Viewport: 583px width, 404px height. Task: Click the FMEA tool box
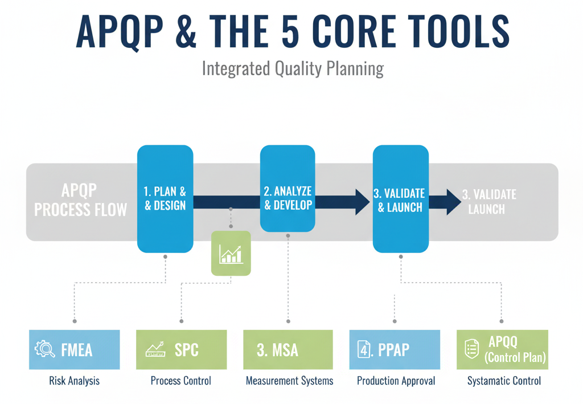(x=75, y=349)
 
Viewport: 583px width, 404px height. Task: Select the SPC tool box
(x=181, y=349)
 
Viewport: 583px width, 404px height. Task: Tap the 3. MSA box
(x=288, y=349)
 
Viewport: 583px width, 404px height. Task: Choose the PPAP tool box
(x=395, y=349)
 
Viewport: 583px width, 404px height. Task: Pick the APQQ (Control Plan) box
(x=502, y=349)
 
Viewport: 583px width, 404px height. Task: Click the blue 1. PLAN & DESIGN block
(x=165, y=198)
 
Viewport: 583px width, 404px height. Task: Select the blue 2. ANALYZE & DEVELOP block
(x=288, y=189)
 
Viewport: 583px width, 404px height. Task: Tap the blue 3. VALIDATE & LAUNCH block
(x=401, y=198)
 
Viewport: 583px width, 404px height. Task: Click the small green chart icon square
(x=231, y=253)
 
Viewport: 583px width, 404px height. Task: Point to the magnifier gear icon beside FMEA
(x=44, y=349)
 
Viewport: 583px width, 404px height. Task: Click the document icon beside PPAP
(x=364, y=349)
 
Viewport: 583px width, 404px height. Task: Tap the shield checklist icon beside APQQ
(x=471, y=349)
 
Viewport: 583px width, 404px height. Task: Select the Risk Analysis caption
(x=75, y=381)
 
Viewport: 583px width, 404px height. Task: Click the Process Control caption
(x=181, y=381)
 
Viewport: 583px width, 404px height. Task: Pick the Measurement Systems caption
(x=289, y=381)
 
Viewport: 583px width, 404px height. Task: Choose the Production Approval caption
(x=396, y=381)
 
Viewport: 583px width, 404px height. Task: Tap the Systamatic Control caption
(x=504, y=381)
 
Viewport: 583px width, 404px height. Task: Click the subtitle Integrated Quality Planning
(x=293, y=69)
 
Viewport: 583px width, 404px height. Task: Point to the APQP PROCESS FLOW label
(x=80, y=200)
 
